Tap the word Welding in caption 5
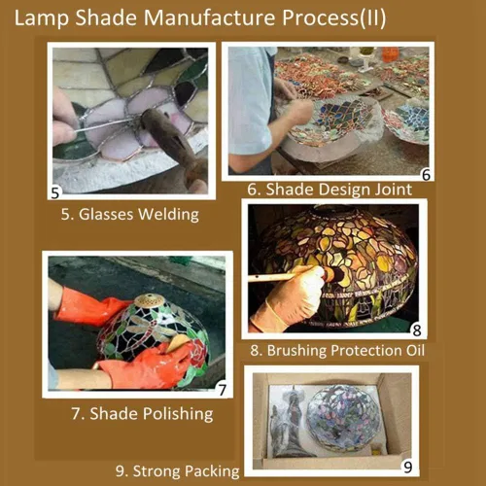tap(168, 215)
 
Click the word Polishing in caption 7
tap(178, 414)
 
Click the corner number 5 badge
tap(55, 192)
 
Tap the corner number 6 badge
tap(426, 175)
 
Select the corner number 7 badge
tap(222, 390)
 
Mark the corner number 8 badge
tap(417, 330)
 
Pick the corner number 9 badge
tap(408, 468)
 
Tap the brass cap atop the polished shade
tap(150, 300)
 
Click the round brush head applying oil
tap(334, 275)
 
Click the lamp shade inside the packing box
tap(343, 418)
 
